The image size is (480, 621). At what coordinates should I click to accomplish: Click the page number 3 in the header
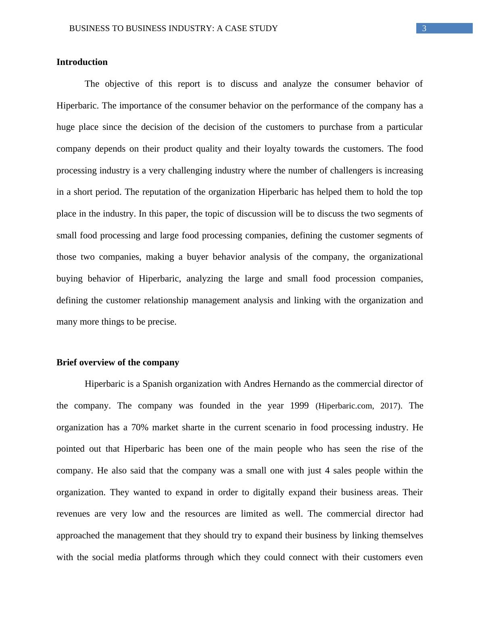pos(424,28)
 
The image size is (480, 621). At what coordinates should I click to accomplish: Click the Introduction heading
pos(82,62)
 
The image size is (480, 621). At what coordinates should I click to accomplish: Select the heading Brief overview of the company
pos(117,363)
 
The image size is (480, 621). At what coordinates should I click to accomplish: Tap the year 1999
pos(299,406)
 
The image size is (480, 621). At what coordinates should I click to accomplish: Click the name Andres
pos(257,384)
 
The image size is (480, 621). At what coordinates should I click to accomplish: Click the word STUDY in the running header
pos(265,29)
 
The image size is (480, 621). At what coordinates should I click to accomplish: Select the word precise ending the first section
pos(163,322)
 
